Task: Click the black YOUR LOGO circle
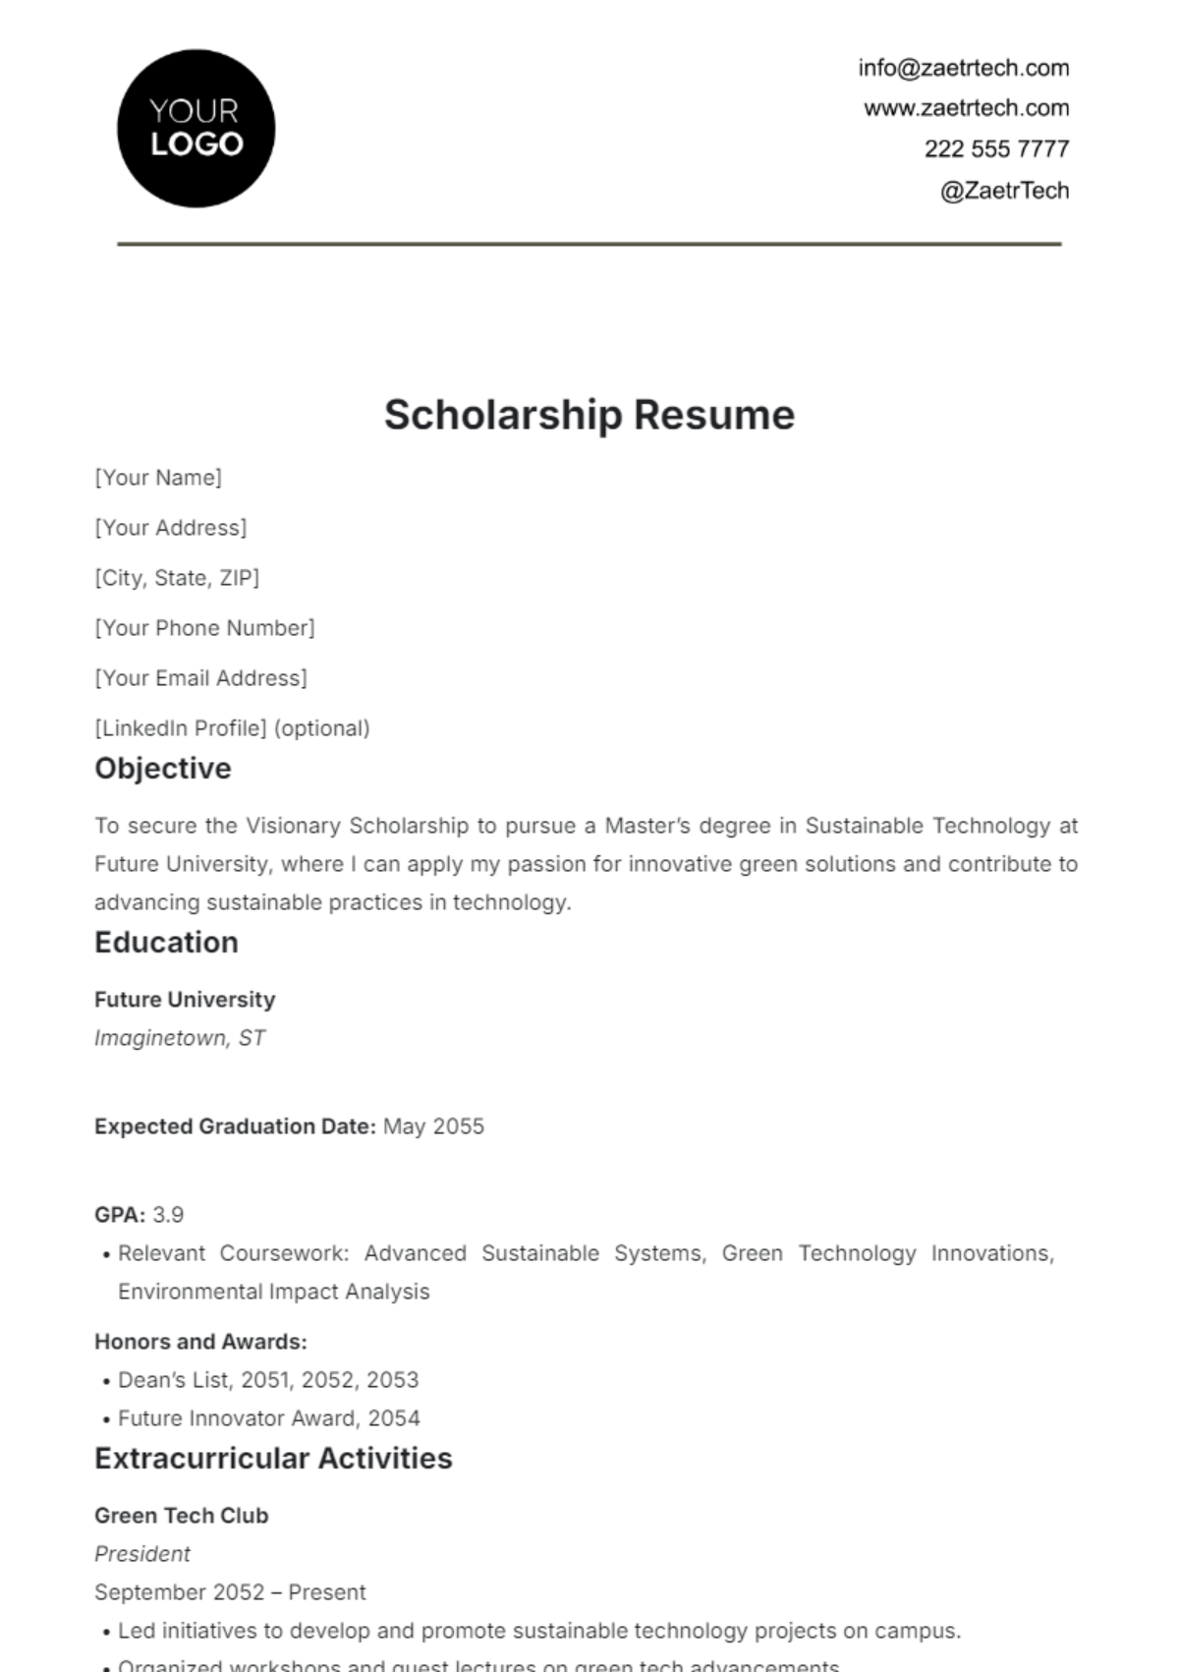point(196,129)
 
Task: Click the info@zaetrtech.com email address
point(963,68)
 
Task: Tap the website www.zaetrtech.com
point(966,108)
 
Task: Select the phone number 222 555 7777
point(995,149)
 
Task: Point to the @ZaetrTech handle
point(1003,191)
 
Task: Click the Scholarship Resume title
point(589,415)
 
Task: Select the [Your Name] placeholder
point(158,478)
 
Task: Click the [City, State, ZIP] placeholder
point(177,578)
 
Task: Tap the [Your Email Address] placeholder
point(200,678)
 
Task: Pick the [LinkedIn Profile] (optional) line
point(232,728)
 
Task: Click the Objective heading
point(163,769)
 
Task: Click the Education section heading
point(166,943)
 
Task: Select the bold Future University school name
point(185,1000)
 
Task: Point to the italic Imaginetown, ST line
point(180,1038)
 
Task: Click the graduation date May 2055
point(433,1126)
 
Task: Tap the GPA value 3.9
point(168,1215)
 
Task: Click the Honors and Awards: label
point(200,1342)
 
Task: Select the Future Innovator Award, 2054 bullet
point(268,1418)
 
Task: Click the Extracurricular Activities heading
point(273,1459)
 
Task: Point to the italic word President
point(142,1554)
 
